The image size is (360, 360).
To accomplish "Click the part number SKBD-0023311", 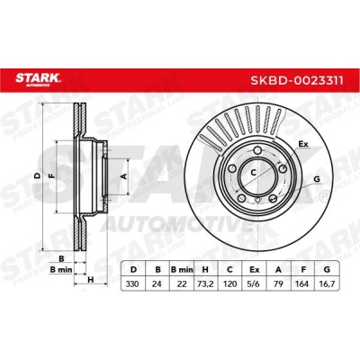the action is (297, 80).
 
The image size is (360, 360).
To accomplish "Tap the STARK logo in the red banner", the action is (38, 79).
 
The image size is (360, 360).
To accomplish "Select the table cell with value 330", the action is (132, 283).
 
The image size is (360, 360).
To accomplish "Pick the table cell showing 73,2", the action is (206, 283).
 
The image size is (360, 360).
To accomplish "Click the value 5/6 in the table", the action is (255, 283).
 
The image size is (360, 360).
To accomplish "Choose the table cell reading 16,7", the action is (327, 283).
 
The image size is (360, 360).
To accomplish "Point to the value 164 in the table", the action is (302, 283).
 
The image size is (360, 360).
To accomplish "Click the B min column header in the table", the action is (182, 269).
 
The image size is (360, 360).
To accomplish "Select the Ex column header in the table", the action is (255, 269).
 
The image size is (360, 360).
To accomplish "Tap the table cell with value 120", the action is (230, 283).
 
